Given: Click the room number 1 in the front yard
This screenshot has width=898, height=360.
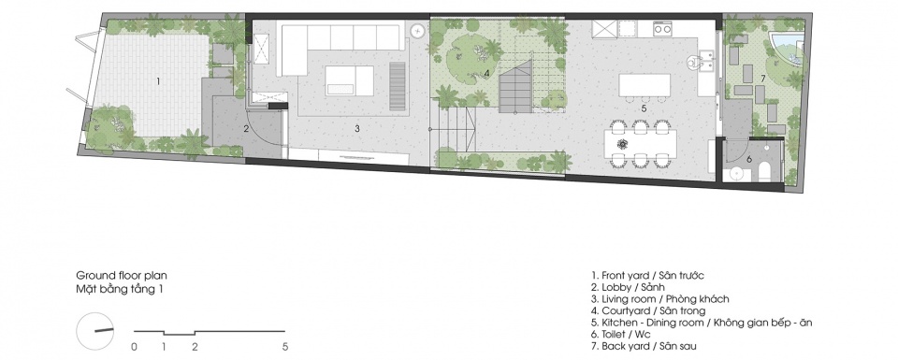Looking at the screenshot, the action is point(158,81).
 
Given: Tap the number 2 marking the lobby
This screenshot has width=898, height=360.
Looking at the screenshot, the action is point(246,129).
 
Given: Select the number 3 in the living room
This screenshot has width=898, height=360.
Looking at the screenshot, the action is point(356,129).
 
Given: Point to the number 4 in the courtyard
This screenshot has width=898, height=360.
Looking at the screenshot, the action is point(486,73).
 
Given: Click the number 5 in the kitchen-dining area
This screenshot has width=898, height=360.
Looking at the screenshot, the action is point(644,108).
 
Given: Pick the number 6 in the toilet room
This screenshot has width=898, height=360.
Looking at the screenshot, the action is point(748,159).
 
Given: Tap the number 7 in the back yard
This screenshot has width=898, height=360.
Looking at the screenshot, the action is point(763,78).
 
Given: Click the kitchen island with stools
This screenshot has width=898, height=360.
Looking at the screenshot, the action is point(645,86).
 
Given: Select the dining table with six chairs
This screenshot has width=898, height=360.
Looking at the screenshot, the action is point(640,142).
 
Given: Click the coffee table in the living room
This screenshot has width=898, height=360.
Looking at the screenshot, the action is point(349,80).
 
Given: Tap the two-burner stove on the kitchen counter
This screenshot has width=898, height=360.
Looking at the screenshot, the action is point(663,27).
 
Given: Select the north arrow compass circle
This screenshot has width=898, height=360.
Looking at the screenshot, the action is point(95,331).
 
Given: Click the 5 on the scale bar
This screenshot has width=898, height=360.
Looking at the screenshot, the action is point(285,346).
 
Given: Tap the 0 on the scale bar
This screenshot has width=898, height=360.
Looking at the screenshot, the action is point(134,346).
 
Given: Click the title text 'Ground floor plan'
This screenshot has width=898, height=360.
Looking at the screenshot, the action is point(122,276).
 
